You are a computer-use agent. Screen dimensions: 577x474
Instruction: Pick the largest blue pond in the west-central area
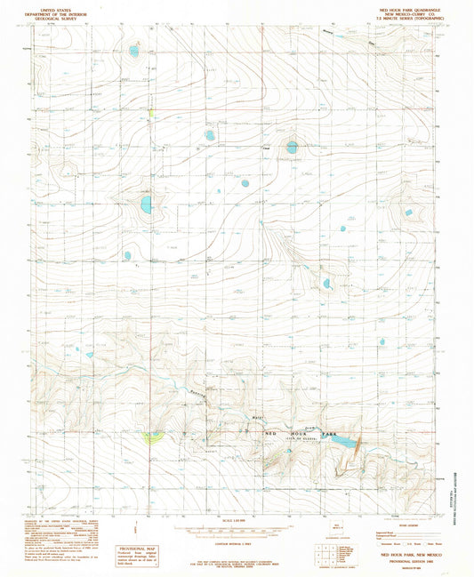[145, 206]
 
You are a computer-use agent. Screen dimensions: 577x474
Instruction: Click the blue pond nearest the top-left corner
[133, 52]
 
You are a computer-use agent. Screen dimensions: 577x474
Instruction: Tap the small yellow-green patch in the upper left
[151, 112]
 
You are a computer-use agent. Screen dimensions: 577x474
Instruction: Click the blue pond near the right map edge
[409, 212]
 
